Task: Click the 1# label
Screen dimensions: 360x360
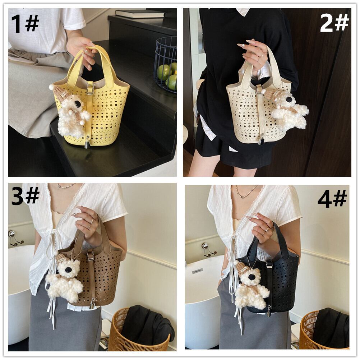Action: coord(25,23)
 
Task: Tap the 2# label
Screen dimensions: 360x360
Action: coord(334,23)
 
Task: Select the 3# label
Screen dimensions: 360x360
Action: coord(25,196)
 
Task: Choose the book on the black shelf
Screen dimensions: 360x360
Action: coord(140,14)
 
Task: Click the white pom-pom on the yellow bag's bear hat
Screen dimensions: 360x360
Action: coord(52,87)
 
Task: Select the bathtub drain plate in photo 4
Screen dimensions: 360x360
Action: coord(197,272)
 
